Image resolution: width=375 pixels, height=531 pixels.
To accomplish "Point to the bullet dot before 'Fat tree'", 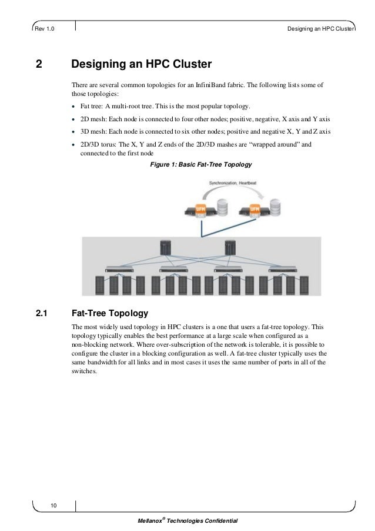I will click(73, 107).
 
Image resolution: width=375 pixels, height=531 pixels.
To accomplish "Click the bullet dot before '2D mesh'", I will click(73, 119).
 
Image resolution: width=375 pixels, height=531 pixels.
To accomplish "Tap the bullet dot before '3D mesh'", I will click(73, 131).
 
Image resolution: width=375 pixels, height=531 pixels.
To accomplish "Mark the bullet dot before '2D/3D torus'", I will click(73, 144).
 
